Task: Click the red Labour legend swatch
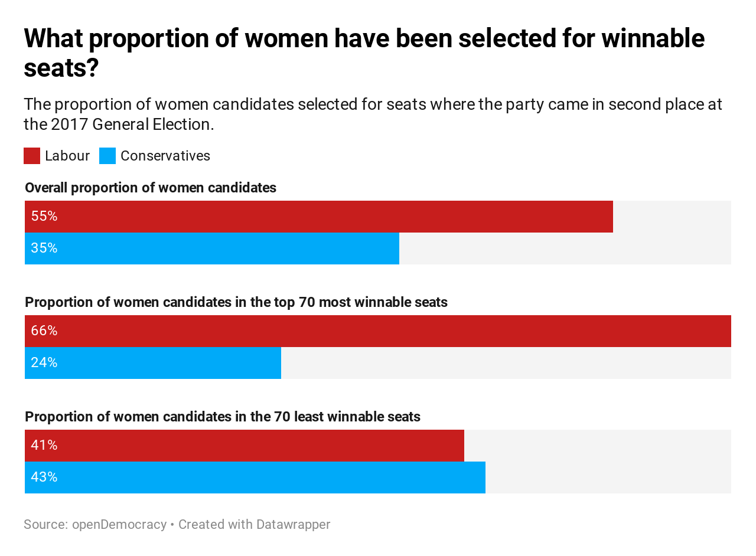pyautogui.click(x=32, y=156)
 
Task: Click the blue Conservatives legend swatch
pyautogui.click(x=107, y=156)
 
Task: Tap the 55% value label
pyautogui.click(x=44, y=217)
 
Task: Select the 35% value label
pyautogui.click(x=44, y=248)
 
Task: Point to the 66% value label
pyautogui.click(x=44, y=331)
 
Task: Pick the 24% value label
pyautogui.click(x=44, y=363)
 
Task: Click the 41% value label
pyautogui.click(x=44, y=446)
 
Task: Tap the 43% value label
pyautogui.click(x=44, y=477)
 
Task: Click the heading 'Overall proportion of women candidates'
pyautogui.click(x=151, y=188)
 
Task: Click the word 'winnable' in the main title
pyautogui.click(x=653, y=39)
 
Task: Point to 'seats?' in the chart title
pyautogui.click(x=61, y=69)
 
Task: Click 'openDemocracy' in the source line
pyautogui.click(x=119, y=524)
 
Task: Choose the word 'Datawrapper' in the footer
pyautogui.click(x=293, y=524)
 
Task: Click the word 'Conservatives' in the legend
pyautogui.click(x=165, y=156)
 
